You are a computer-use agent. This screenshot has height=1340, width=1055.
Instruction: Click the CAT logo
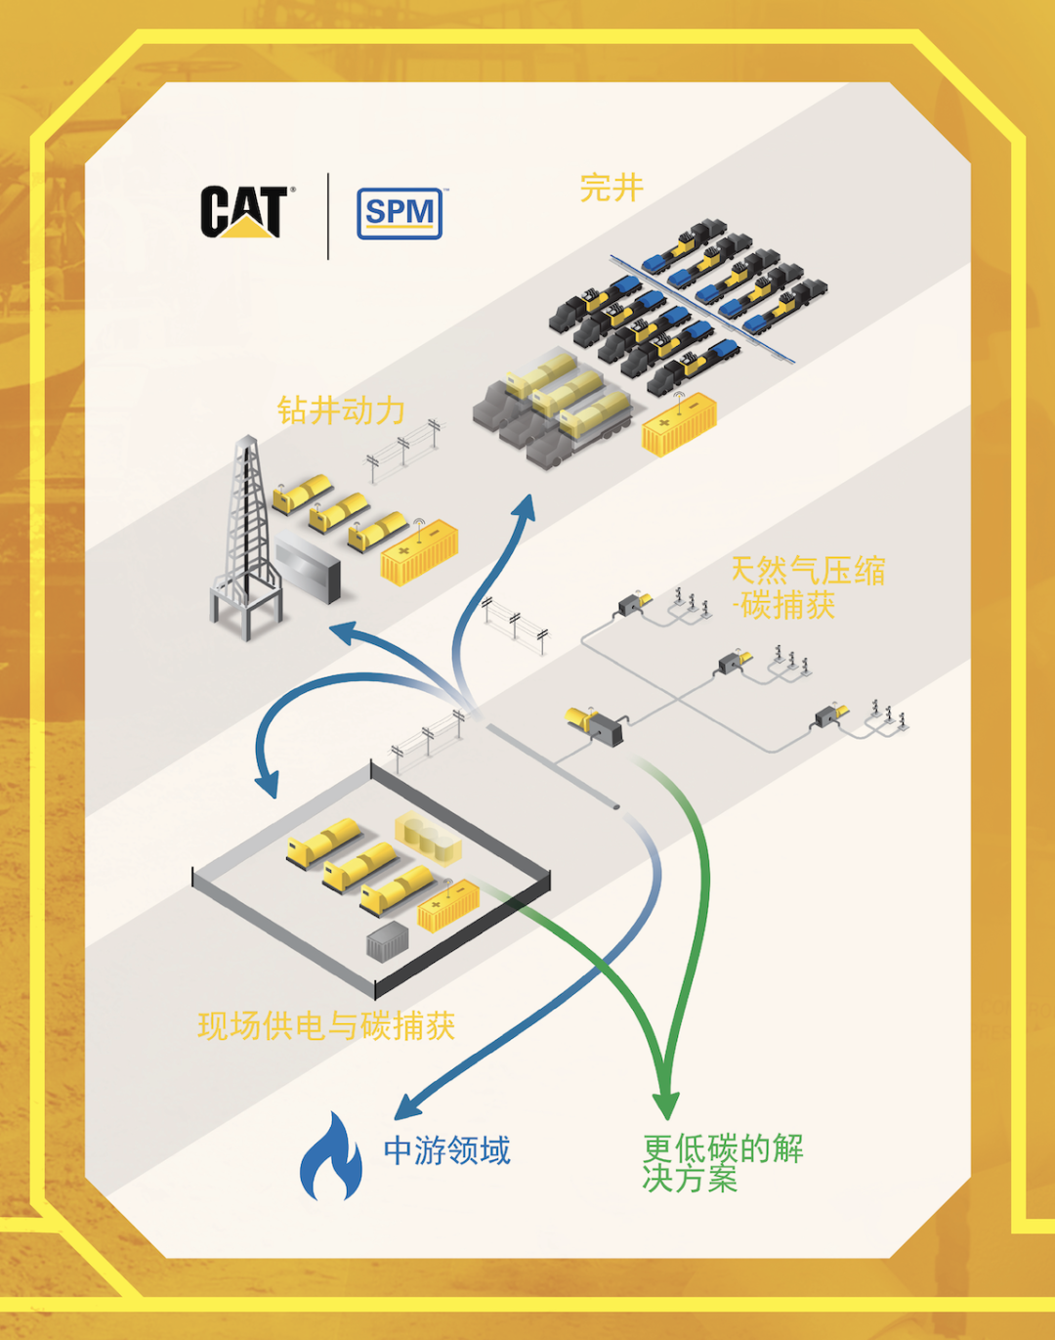point(244,212)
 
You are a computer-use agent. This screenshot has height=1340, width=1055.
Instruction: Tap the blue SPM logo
point(400,213)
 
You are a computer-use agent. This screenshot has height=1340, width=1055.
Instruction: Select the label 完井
point(612,188)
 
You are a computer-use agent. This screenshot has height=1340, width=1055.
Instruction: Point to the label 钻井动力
point(341,411)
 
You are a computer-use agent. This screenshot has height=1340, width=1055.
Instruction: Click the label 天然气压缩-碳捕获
point(807,587)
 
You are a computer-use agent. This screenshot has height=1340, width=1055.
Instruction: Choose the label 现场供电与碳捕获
point(326,1025)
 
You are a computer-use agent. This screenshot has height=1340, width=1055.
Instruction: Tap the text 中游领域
point(446,1150)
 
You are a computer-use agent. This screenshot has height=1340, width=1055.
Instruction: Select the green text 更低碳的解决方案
point(723,1163)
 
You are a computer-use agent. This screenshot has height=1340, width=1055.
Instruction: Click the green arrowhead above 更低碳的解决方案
point(666,1100)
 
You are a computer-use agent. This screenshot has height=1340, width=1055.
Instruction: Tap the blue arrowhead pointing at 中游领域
point(407,1106)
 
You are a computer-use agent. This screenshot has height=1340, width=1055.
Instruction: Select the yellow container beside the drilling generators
point(419,553)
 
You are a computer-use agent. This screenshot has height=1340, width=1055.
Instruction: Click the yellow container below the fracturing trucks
point(679,424)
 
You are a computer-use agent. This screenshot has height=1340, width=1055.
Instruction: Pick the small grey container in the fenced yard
point(387,941)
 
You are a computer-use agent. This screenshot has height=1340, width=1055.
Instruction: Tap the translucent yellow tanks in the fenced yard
point(428,840)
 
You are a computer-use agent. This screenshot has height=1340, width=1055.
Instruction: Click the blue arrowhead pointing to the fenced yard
point(266,783)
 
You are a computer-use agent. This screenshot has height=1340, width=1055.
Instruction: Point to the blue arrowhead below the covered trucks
point(526,506)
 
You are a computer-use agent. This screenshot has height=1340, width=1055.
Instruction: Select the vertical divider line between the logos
point(328,216)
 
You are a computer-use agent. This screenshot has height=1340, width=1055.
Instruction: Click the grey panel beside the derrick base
point(308,570)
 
